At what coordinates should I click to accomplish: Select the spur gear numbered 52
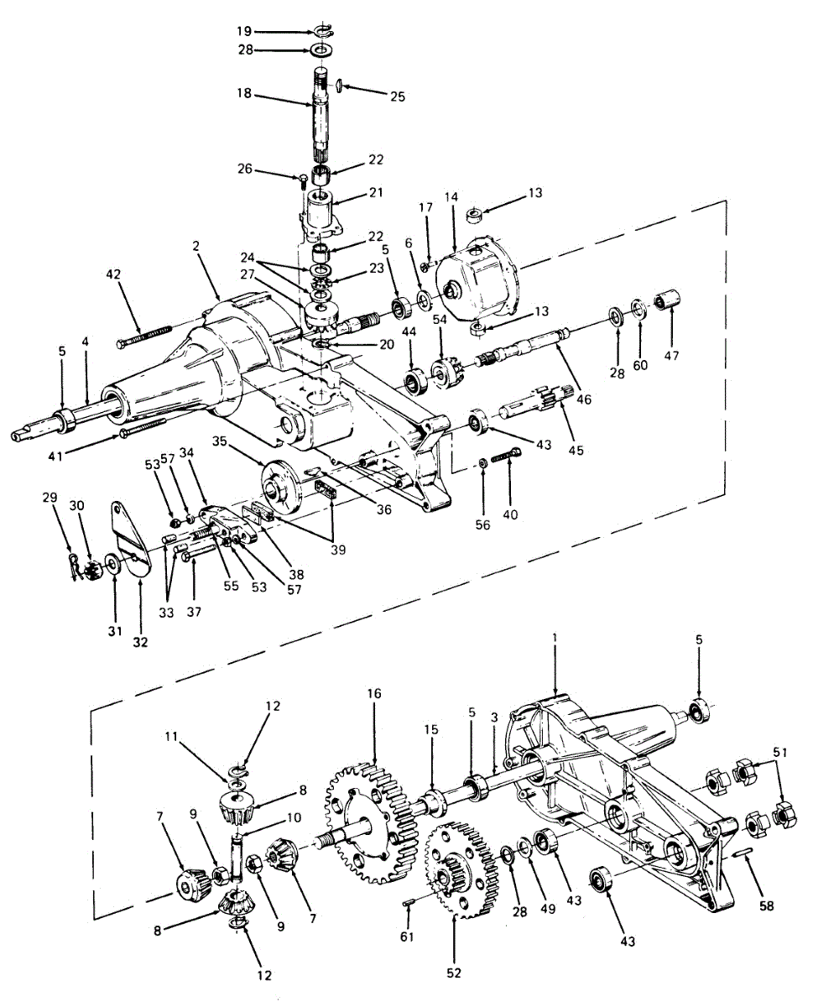[x=457, y=873]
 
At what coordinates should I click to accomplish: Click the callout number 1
[x=555, y=639]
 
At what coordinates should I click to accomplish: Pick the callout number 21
[x=376, y=193]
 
